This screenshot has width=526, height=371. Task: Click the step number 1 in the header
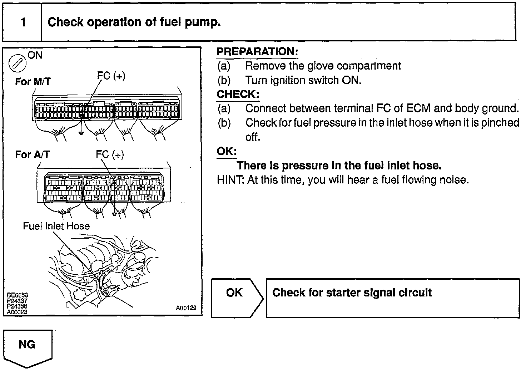[23, 22]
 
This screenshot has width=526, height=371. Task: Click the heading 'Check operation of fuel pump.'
[134, 22]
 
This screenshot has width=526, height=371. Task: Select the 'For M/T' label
[33, 82]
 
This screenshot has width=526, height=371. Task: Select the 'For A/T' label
[32, 154]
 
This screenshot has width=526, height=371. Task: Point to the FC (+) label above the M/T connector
[111, 76]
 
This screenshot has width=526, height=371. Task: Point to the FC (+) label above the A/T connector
[110, 154]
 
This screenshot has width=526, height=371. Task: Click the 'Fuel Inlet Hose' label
[56, 226]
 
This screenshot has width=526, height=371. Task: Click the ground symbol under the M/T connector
[81, 134]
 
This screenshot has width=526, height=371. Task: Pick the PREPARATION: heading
[257, 52]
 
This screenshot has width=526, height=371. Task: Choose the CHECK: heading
[238, 95]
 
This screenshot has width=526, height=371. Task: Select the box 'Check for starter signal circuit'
[392, 298]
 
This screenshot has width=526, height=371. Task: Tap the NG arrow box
[28, 348]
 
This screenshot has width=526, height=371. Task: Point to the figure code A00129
[186, 308]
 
